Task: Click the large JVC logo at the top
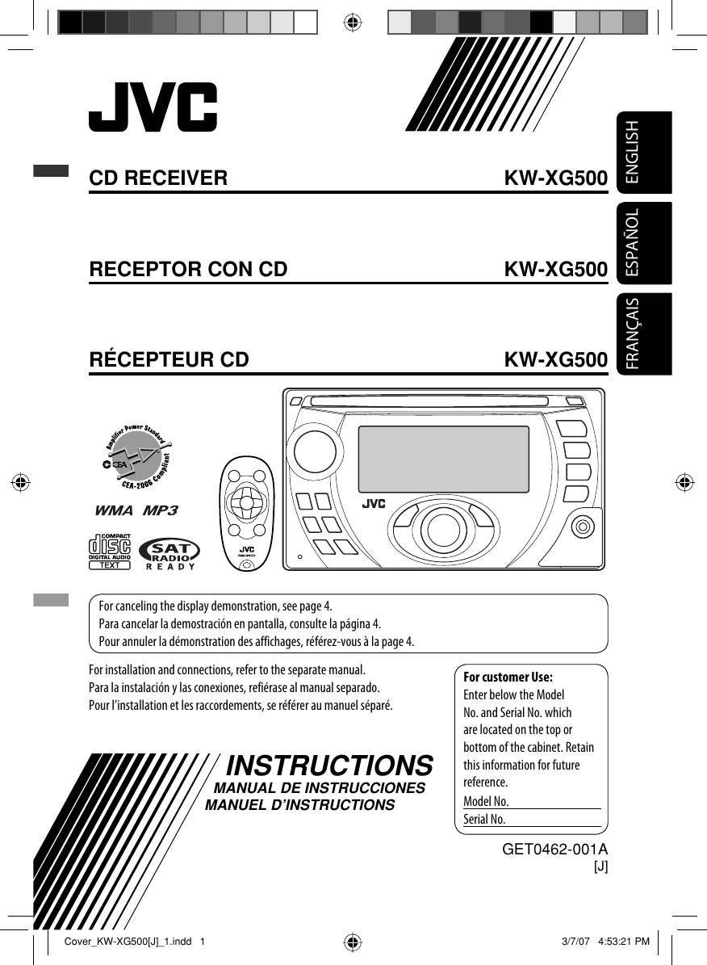point(153,107)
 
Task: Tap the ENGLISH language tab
point(643,152)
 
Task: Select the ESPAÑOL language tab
point(643,242)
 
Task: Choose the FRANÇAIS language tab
point(643,333)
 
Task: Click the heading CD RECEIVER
point(158,178)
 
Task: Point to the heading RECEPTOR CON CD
point(188,269)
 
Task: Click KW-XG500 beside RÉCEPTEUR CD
point(555,359)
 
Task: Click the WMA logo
point(116,511)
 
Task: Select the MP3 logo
point(160,511)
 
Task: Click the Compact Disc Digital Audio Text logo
point(109,552)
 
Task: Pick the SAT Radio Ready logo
point(169,553)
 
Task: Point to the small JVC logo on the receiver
point(373,505)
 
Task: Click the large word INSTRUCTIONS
point(331,765)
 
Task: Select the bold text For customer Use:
point(508,677)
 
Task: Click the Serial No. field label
point(484,820)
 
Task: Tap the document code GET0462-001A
point(554,850)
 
